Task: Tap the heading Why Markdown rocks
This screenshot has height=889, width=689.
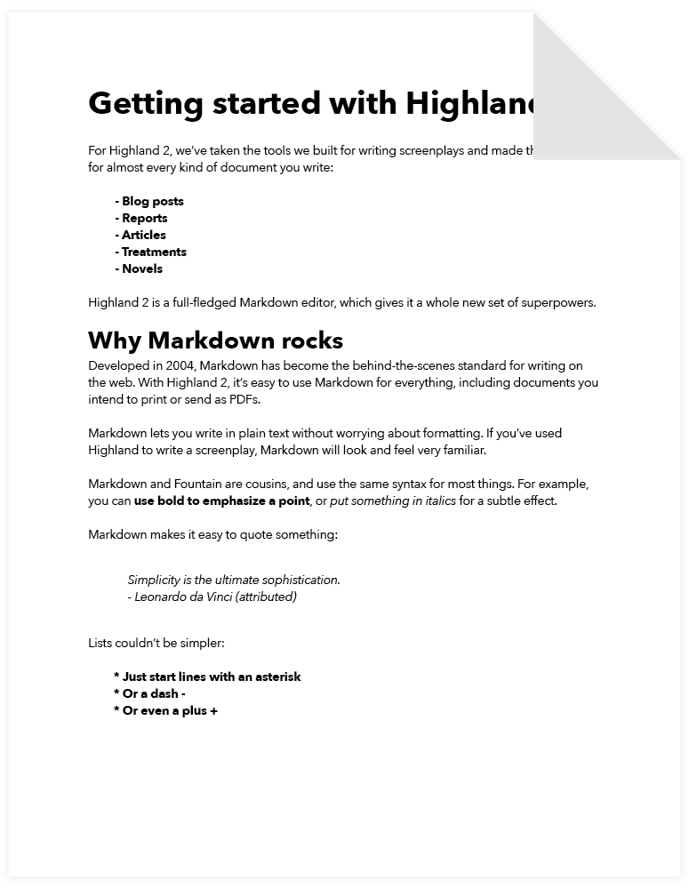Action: (x=215, y=340)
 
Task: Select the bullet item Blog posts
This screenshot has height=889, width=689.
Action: (x=149, y=201)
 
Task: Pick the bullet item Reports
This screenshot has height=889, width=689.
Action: (x=141, y=218)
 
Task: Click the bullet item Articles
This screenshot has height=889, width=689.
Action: (x=140, y=235)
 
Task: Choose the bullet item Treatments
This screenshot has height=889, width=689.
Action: (x=151, y=252)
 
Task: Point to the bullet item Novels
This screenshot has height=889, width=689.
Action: (x=139, y=268)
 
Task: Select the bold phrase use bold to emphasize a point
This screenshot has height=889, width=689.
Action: (x=221, y=501)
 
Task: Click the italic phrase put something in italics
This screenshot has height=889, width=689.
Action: (x=393, y=501)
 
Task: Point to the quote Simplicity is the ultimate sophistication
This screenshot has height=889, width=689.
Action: (x=234, y=580)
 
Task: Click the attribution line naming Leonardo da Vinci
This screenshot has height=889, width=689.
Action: (x=212, y=597)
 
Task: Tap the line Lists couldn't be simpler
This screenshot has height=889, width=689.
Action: (x=150, y=642)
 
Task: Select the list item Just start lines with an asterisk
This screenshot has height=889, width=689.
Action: (x=208, y=677)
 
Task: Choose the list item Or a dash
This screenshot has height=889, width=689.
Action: (x=150, y=693)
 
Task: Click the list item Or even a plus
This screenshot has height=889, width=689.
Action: (x=166, y=710)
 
